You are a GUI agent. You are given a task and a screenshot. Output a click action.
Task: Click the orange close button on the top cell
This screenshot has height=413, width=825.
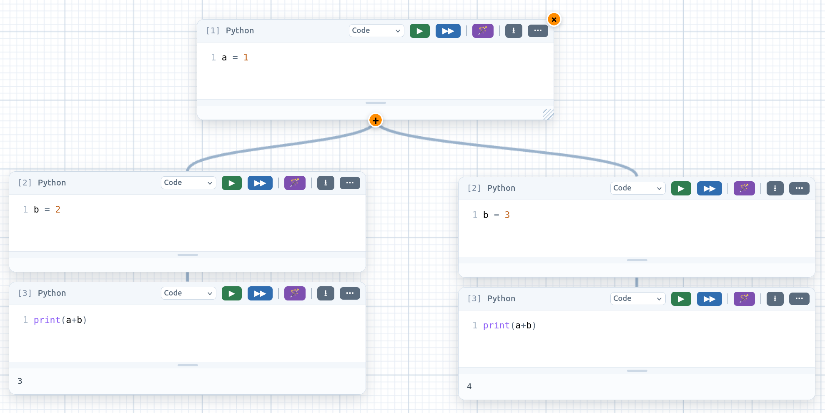[x=554, y=20]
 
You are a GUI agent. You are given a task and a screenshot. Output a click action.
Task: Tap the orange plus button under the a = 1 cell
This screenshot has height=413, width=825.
[x=376, y=120]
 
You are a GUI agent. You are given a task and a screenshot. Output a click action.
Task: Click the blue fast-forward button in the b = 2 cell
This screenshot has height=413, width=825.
[x=260, y=183]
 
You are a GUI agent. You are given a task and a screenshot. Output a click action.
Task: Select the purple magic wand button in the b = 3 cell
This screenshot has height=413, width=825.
[x=744, y=188]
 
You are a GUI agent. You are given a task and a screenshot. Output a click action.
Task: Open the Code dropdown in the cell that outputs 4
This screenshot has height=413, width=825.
[x=637, y=298]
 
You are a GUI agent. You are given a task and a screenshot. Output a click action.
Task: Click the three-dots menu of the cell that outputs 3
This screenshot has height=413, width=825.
[x=350, y=293]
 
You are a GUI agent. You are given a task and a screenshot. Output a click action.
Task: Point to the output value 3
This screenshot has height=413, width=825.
[x=20, y=381]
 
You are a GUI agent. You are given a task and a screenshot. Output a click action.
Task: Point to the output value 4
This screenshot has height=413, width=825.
[x=469, y=386]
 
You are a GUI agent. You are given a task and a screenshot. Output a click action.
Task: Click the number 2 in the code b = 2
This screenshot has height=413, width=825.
[x=58, y=210]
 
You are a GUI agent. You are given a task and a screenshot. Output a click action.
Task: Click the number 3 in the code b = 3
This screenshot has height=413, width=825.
[x=507, y=215]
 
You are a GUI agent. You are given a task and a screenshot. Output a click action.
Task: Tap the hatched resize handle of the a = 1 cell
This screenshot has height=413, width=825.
[x=548, y=114]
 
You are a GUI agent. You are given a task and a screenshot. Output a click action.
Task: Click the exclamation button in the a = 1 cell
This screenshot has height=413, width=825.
[x=514, y=31]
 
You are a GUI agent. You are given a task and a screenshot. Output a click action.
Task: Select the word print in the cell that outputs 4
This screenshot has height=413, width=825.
[x=496, y=325]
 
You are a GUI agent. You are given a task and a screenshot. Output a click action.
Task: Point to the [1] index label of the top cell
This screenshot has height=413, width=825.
[x=213, y=31]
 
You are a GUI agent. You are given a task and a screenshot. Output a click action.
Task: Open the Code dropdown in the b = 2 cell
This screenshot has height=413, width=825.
[x=188, y=183]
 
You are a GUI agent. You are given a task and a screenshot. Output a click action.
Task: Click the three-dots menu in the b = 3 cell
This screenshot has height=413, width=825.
[x=799, y=188]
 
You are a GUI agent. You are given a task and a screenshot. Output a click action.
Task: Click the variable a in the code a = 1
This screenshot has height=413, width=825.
[x=224, y=58]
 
